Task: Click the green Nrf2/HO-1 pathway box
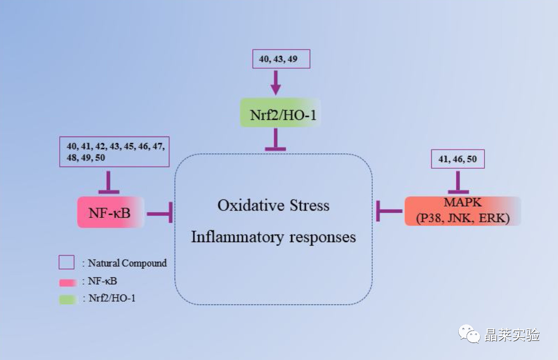click(281, 113)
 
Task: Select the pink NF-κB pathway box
click(111, 212)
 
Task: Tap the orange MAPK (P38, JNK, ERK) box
click(462, 211)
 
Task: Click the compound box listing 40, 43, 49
click(281, 59)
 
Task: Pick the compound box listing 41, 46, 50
click(458, 159)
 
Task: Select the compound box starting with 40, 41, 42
click(114, 151)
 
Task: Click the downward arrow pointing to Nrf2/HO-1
click(275, 83)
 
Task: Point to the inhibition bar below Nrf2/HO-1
click(275, 139)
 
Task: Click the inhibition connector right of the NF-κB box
click(160, 213)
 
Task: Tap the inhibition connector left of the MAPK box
click(389, 211)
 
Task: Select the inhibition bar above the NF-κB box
click(109, 182)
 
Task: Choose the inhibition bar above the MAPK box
click(458, 182)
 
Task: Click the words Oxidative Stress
click(273, 205)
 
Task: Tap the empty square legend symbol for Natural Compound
click(67, 262)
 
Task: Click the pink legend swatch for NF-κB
click(68, 283)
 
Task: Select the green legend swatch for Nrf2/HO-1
click(68, 300)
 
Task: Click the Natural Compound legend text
click(127, 263)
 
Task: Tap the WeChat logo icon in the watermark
click(469, 334)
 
